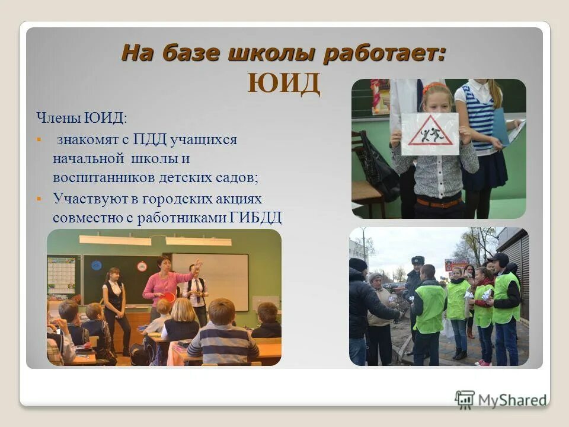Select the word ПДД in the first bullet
[x=151, y=140]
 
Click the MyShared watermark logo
[x=501, y=399]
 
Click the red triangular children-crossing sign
[x=430, y=132]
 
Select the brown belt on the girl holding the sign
[x=439, y=202]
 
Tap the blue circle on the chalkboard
[x=97, y=266]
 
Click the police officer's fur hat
[x=418, y=260]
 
